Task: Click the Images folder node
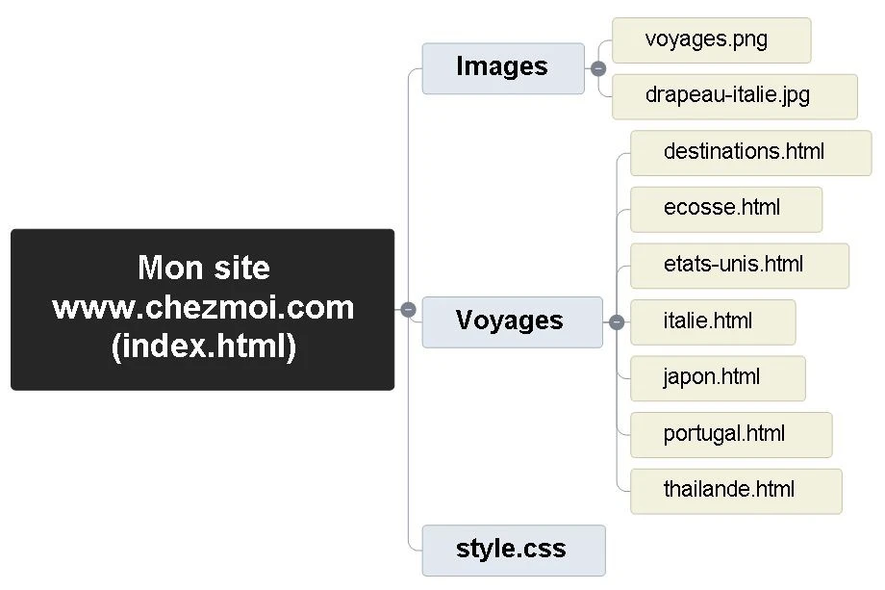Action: click(503, 68)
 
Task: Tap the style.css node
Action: click(513, 551)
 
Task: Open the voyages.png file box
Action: click(711, 40)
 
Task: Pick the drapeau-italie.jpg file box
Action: click(734, 96)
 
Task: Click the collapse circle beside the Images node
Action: click(598, 68)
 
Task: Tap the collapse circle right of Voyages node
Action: click(617, 322)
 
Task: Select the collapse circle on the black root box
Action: click(408, 309)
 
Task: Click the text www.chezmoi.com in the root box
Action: click(203, 308)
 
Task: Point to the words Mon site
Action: click(203, 268)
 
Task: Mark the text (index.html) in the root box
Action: click(203, 346)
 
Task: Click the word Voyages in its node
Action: click(509, 321)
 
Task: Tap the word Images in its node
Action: click(501, 66)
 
